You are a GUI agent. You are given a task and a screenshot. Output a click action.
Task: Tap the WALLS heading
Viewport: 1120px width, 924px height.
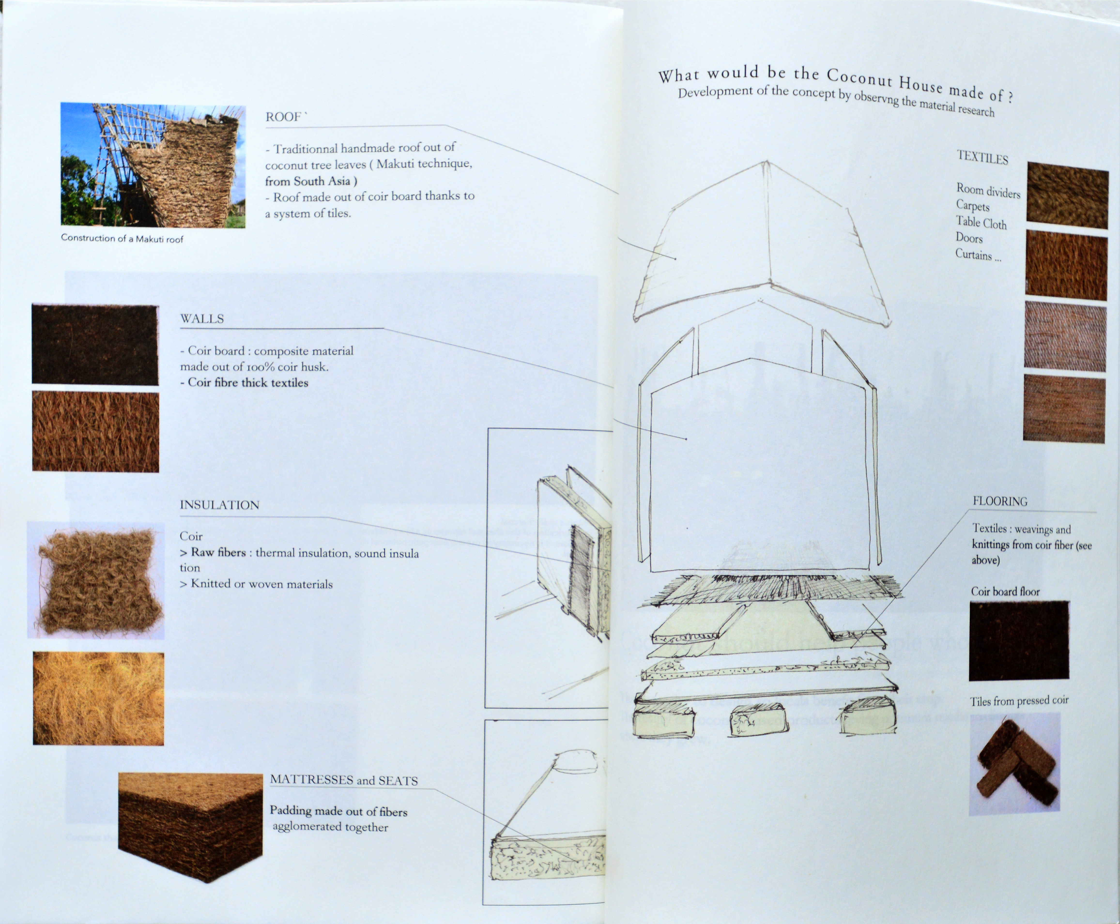202,319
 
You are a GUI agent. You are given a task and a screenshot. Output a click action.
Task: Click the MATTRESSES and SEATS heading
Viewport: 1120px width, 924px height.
344,780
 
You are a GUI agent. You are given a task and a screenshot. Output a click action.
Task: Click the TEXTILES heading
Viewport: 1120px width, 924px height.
982,158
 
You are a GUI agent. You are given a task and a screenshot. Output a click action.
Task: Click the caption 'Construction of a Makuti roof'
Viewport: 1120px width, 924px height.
122,238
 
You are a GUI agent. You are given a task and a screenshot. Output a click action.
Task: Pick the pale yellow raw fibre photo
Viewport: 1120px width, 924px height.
99,698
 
